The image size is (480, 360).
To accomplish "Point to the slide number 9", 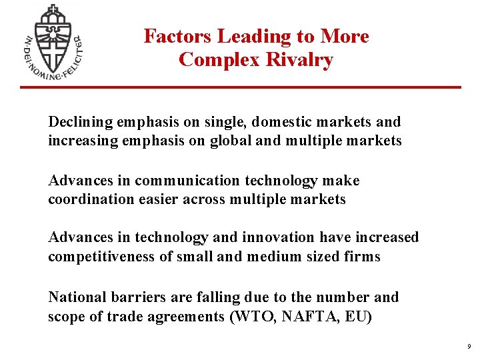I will click(x=469, y=347).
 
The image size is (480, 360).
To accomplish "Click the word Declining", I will click(x=80, y=122).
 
